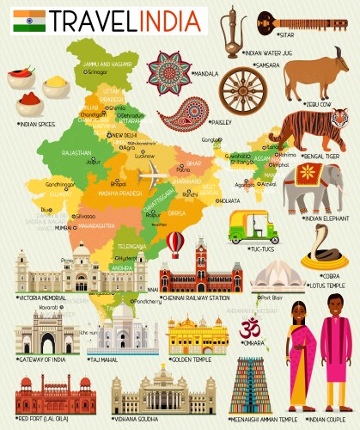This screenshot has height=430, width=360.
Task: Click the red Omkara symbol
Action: click(x=251, y=329)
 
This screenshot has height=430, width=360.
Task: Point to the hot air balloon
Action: click(x=175, y=243)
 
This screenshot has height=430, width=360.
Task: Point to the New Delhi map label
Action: click(x=123, y=136)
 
